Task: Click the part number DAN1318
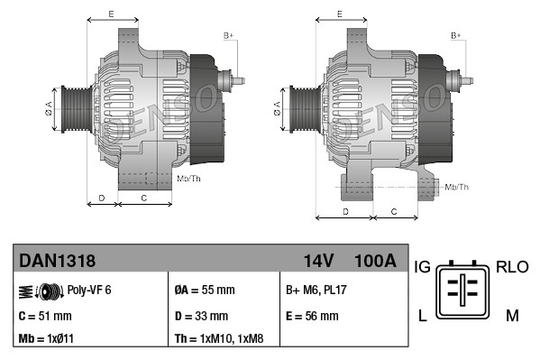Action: point(58,261)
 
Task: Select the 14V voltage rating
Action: point(318,261)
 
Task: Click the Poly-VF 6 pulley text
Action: point(89,290)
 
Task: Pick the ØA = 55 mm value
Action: point(204,290)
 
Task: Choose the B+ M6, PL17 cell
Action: point(317,290)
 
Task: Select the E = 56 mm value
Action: point(312,316)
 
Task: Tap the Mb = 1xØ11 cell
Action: point(47,339)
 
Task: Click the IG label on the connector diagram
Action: point(422,267)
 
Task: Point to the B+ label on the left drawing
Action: point(228,34)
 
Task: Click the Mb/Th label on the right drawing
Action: point(457,187)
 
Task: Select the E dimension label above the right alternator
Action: point(339,14)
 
